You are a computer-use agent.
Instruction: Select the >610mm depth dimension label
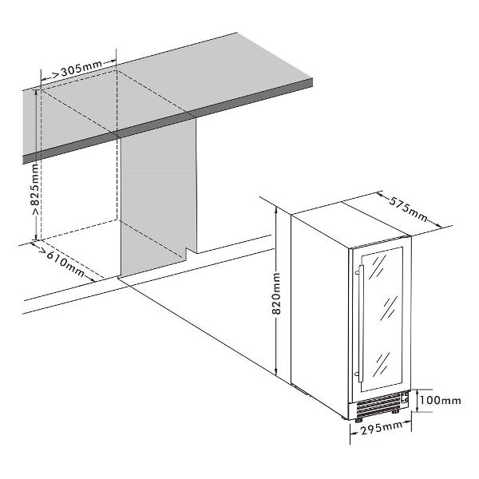point(61,262)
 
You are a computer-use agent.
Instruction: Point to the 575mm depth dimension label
point(409,209)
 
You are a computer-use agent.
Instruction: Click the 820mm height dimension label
point(276,294)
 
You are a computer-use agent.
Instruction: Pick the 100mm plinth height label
point(440,400)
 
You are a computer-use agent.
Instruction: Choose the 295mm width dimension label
point(382,428)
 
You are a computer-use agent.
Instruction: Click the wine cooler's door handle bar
point(361,323)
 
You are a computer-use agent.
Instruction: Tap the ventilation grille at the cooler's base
point(378,405)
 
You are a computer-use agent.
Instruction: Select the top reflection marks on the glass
point(378,267)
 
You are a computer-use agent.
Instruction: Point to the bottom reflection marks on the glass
point(381,364)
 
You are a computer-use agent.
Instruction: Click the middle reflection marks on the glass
point(390,307)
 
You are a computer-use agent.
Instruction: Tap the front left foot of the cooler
point(358,420)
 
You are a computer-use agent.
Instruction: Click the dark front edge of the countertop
point(168,121)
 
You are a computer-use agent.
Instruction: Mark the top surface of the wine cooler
point(351,224)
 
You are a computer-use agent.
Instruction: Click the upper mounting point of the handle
point(358,272)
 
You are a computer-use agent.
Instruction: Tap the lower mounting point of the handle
point(358,374)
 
